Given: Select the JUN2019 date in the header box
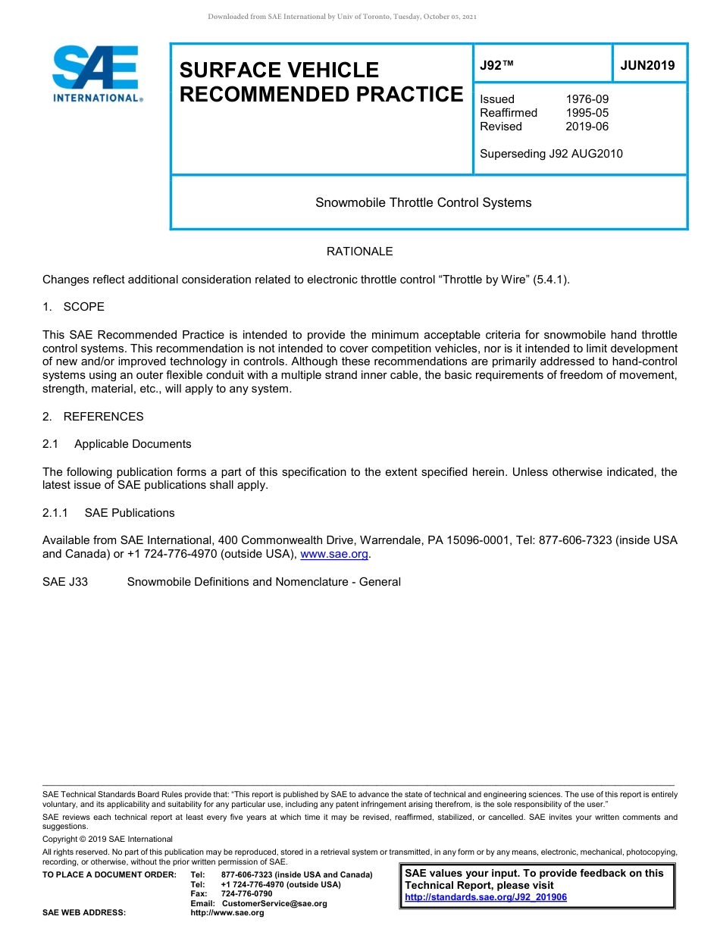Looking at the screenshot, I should pos(647,65).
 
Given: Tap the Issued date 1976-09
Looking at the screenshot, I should pos(587,99).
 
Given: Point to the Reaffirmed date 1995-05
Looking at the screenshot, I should pos(587,113).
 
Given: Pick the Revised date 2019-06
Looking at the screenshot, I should pos(587,127).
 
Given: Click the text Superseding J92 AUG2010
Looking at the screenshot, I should pos(551,154).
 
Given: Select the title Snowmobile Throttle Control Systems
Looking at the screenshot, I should pos(423,202).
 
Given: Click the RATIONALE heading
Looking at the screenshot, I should pos(359,252).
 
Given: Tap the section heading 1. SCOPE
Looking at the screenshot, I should pos(74,307).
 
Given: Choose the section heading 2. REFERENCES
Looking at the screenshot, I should pos(93,417).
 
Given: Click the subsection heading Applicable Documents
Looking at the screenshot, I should pos(133,444).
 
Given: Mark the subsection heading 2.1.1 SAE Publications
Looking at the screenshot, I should pos(108,513).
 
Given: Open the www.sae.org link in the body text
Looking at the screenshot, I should pos(334,555).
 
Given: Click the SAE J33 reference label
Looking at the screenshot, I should pos(65,582).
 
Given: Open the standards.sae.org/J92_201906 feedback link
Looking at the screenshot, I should pos(486,897).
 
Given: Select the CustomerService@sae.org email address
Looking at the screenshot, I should pos(274,903).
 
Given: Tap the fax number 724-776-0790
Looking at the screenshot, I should pos(246,894).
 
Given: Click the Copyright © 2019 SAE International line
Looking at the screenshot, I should pos(108,839).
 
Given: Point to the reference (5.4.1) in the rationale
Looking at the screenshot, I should pos(550,280).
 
